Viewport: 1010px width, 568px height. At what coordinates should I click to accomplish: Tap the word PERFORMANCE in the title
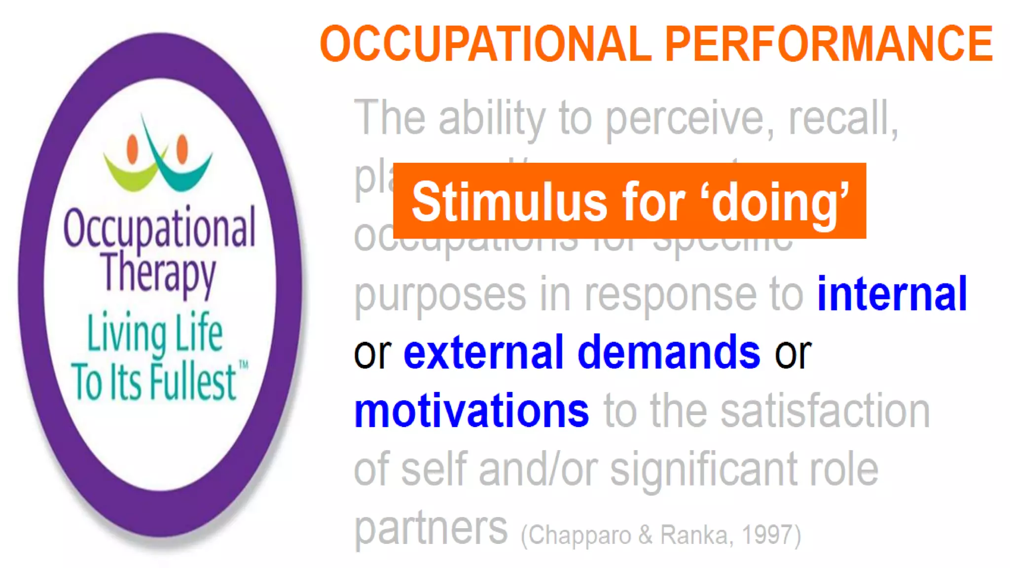(829, 44)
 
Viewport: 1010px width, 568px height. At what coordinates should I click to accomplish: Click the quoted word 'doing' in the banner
(779, 202)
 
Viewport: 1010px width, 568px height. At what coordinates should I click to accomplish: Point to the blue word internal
(892, 294)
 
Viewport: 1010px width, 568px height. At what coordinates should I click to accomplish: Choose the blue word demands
(669, 353)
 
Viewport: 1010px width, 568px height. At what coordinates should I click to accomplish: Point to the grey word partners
(431, 529)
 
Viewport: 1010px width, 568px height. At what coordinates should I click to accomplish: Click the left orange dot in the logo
(132, 148)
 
